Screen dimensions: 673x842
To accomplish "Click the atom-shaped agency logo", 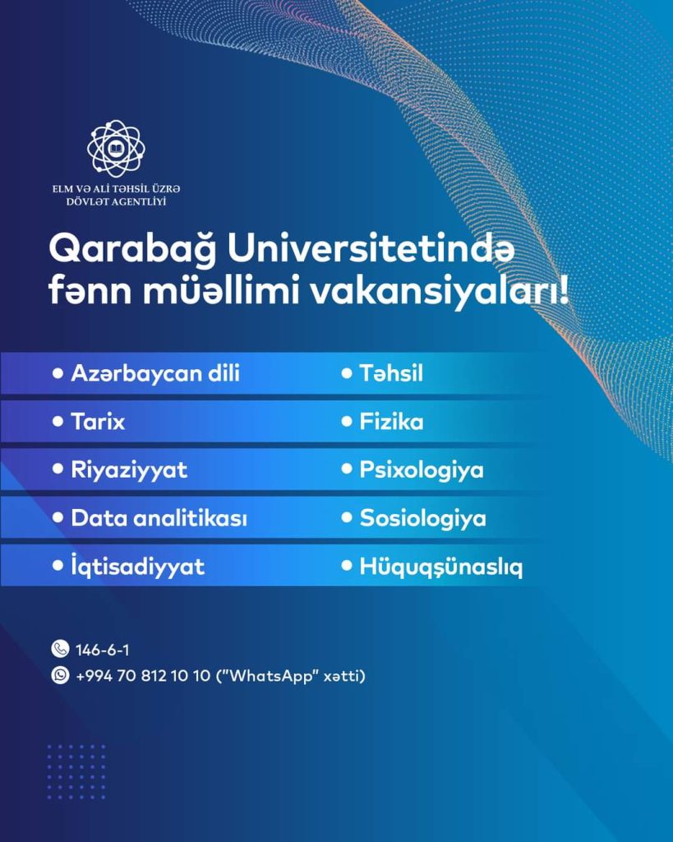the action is coord(116,149).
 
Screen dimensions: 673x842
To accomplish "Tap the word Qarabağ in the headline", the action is coord(132,250).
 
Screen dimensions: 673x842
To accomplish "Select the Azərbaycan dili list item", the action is coord(155,373).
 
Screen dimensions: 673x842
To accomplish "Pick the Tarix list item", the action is coord(98,422).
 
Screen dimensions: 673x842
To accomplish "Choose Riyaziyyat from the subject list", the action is coord(129,470).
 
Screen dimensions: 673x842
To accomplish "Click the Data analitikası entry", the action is coord(159,518).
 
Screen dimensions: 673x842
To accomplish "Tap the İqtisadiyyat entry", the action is coord(137,567).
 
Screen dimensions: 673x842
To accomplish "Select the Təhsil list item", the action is coord(390,373).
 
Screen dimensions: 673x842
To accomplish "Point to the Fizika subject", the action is coord(391,422).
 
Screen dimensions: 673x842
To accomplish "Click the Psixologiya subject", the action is coord(422,470).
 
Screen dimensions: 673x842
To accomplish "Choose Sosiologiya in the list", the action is coord(423,519).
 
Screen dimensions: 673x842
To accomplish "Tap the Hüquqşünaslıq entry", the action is coord(440,567).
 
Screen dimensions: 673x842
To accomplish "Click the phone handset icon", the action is coord(60,649).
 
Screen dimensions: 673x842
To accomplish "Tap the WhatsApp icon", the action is coord(60,675).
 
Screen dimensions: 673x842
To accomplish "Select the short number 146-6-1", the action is coord(102,650).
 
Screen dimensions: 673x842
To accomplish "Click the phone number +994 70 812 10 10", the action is coord(143,676).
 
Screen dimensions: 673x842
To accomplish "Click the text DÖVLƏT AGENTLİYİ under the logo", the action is coord(116,202).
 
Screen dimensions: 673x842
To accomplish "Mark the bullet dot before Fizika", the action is coord(347,421).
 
